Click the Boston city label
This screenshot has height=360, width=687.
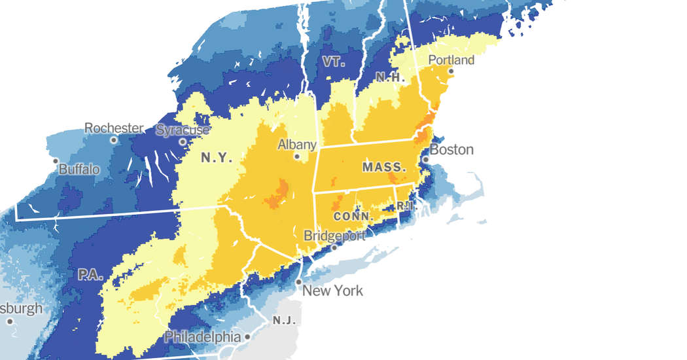(451, 150)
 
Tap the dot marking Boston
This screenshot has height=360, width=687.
(425, 159)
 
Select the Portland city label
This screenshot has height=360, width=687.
(451, 60)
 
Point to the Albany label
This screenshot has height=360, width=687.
(297, 145)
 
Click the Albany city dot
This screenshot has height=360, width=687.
(297, 156)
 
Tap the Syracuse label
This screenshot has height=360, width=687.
(183, 130)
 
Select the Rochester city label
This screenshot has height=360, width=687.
(114, 128)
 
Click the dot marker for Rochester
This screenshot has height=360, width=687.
(114, 140)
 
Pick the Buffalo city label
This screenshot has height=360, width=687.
(79, 170)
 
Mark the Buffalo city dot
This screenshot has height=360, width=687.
(56, 160)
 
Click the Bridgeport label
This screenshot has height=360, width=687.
(334, 236)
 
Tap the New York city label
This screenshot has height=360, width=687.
(332, 291)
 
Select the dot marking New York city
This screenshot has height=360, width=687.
(298, 282)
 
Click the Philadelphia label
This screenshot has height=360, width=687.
(202, 336)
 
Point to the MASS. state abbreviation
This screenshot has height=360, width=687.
(384, 168)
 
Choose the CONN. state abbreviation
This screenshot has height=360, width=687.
(353, 216)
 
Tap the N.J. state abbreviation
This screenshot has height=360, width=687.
(285, 321)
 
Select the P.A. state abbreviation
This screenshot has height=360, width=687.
(91, 275)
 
